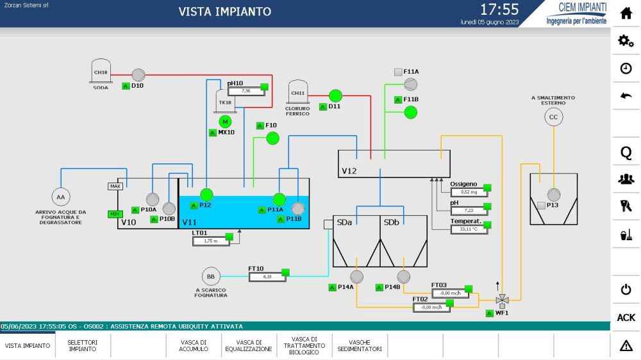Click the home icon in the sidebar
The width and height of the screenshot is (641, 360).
(x=626, y=13)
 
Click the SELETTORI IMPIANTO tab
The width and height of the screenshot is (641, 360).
(x=83, y=345)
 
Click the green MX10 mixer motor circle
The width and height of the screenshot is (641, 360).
(x=225, y=121)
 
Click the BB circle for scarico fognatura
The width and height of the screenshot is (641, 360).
(x=210, y=276)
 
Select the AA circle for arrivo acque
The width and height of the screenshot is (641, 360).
(x=61, y=197)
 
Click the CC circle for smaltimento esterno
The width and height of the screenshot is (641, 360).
(x=553, y=117)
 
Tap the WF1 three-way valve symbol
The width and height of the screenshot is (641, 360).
(x=503, y=299)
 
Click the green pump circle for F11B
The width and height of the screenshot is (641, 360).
(x=411, y=112)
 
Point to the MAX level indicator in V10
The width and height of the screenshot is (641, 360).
(x=115, y=186)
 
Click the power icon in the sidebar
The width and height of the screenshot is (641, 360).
(x=626, y=290)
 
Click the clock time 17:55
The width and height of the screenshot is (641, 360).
(x=499, y=10)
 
